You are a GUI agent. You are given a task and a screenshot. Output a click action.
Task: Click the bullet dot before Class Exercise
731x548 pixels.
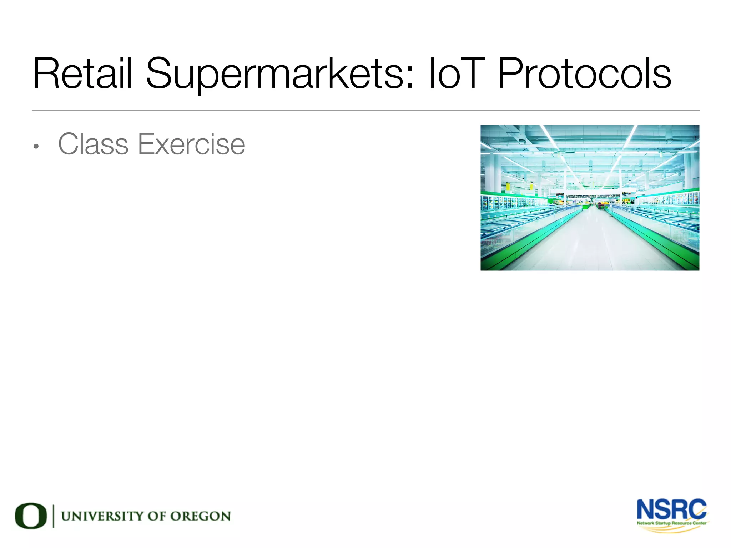point(36,147)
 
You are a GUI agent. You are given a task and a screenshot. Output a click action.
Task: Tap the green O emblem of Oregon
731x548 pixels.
point(31,516)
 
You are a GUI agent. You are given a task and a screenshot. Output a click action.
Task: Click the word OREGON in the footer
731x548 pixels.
point(200,516)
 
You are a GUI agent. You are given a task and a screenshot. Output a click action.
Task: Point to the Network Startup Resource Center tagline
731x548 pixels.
point(672,523)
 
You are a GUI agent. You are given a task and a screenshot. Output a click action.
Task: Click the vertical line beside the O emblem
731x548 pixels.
point(54,516)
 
